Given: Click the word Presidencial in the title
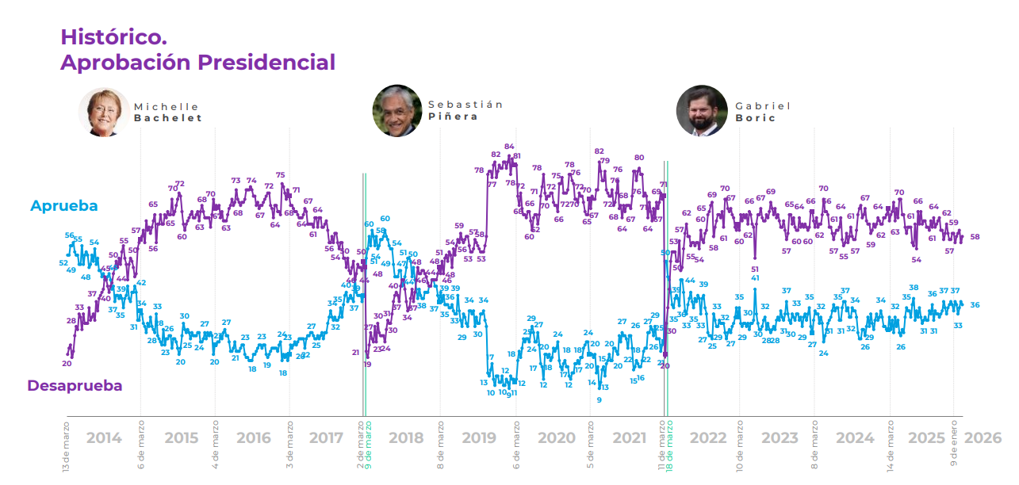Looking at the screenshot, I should (266, 62).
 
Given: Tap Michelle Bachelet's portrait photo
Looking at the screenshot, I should (104, 112).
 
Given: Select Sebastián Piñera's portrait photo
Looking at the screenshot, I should (397, 110).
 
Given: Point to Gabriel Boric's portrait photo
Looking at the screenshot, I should (701, 110).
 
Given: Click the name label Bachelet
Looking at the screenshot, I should (168, 118).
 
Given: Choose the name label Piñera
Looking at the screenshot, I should (454, 116).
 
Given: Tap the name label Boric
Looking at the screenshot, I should (755, 118).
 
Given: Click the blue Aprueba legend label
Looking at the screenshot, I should (64, 206).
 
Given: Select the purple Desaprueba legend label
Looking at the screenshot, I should (75, 386).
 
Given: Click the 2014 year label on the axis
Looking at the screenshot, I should (104, 438).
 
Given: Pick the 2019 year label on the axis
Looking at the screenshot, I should (478, 438).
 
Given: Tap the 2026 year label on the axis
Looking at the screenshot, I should (983, 438).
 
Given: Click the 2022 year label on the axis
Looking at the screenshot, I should (708, 438).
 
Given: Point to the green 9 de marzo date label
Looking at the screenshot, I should (369, 448).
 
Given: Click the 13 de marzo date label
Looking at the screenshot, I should (67, 448).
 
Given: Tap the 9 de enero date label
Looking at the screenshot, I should (954, 445).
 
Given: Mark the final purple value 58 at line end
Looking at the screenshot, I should (975, 237).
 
